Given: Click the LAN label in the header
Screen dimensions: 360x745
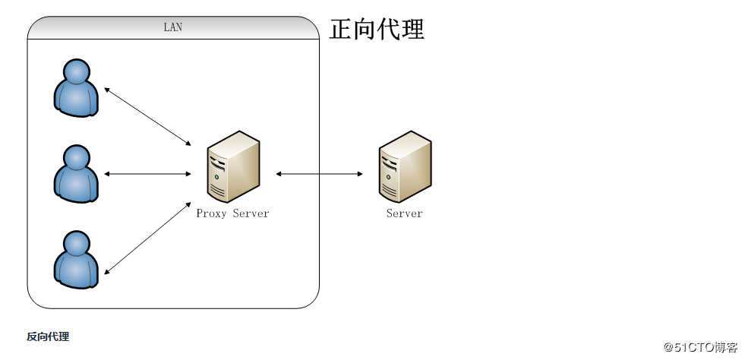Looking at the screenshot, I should click(173, 27).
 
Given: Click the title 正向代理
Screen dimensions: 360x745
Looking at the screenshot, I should click(377, 29).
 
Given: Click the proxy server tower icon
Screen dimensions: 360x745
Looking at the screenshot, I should click(233, 166).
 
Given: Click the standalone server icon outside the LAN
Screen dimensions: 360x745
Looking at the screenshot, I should click(405, 166).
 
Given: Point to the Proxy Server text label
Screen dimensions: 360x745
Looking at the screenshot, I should click(232, 213).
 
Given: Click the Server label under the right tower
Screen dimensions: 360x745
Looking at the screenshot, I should click(404, 213).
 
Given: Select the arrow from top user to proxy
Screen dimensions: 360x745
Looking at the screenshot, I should click(147, 116).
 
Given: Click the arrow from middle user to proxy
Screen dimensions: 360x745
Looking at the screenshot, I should click(147, 174).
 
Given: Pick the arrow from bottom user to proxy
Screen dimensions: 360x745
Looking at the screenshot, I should click(147, 237).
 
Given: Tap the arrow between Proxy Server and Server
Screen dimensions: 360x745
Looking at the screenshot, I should click(320, 174).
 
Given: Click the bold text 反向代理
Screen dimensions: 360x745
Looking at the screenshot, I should click(48, 336).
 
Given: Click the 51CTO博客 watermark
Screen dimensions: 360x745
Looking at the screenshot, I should click(700, 347).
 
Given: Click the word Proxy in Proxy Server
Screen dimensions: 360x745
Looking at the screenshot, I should click(212, 213).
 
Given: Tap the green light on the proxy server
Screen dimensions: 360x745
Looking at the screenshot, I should click(216, 177).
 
